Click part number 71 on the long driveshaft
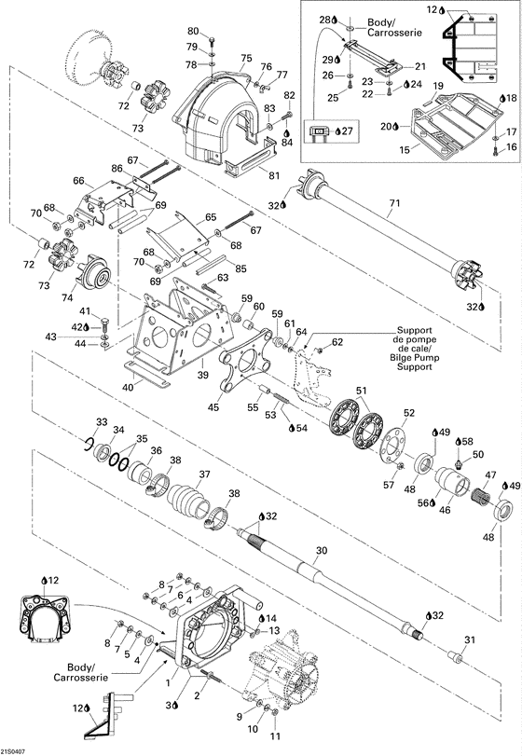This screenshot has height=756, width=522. (394, 203)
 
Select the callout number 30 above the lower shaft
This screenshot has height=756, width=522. (322, 550)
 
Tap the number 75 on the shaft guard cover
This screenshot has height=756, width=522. (246, 59)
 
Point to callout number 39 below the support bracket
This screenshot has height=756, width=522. (203, 375)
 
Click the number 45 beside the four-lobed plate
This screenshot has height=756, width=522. (213, 407)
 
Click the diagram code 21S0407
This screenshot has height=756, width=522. (13, 751)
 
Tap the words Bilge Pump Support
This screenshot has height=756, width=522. (414, 362)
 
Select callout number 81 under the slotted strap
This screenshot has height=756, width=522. (274, 175)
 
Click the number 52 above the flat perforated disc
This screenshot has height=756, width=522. (408, 413)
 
